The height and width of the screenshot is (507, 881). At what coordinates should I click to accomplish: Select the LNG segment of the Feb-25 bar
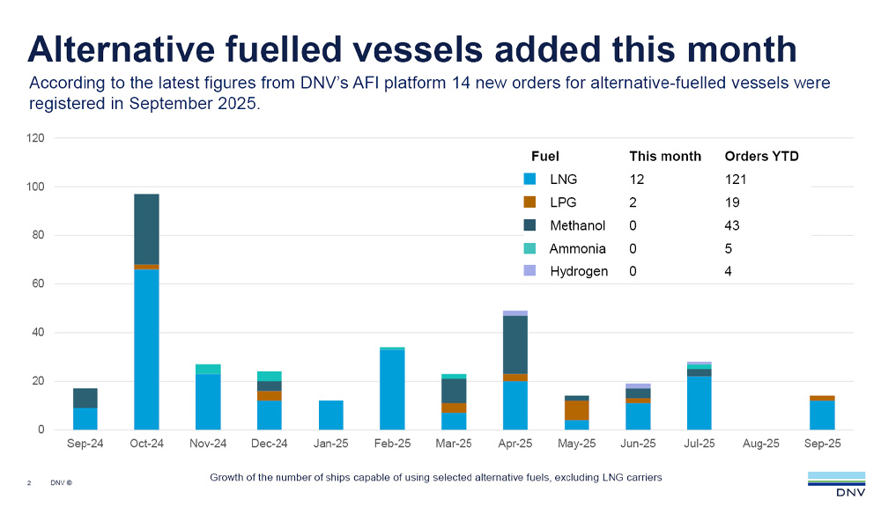(392, 390)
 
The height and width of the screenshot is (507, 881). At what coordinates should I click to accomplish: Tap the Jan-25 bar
(330, 415)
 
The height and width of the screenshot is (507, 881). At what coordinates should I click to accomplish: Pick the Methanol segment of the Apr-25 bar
(515, 344)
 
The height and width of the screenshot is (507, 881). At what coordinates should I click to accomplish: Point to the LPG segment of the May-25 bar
(576, 410)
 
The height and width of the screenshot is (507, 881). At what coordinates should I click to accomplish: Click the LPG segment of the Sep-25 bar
(822, 398)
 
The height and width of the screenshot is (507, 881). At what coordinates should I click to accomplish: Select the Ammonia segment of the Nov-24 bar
(208, 369)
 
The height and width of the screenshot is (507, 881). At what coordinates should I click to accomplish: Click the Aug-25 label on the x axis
(761, 444)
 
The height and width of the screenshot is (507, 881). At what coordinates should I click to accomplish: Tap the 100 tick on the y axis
(35, 187)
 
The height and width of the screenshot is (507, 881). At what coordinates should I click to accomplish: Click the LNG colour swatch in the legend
(529, 180)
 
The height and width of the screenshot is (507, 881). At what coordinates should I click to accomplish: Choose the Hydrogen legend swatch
(529, 271)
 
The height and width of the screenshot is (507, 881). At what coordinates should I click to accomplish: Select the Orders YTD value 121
(736, 180)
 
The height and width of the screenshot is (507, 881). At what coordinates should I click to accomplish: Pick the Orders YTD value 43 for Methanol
(732, 225)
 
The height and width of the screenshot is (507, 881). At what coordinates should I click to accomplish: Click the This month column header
(665, 157)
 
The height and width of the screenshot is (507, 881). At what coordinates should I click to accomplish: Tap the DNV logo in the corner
(837, 483)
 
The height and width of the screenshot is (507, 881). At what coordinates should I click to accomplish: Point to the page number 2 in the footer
(29, 483)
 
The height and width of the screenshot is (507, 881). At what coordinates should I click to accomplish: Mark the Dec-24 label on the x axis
(270, 444)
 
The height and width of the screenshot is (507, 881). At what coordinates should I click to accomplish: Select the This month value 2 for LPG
(633, 202)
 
